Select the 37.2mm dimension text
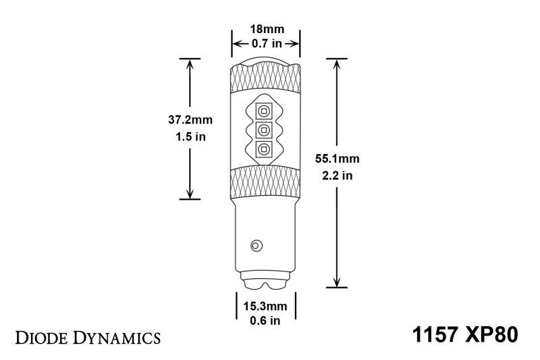[190, 120]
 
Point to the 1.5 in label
[190, 136]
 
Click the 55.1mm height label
[337, 159]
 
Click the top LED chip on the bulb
[265, 110]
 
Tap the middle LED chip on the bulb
[265, 130]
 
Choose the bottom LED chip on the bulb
[265, 149]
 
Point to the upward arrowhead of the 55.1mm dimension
[337, 63]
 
